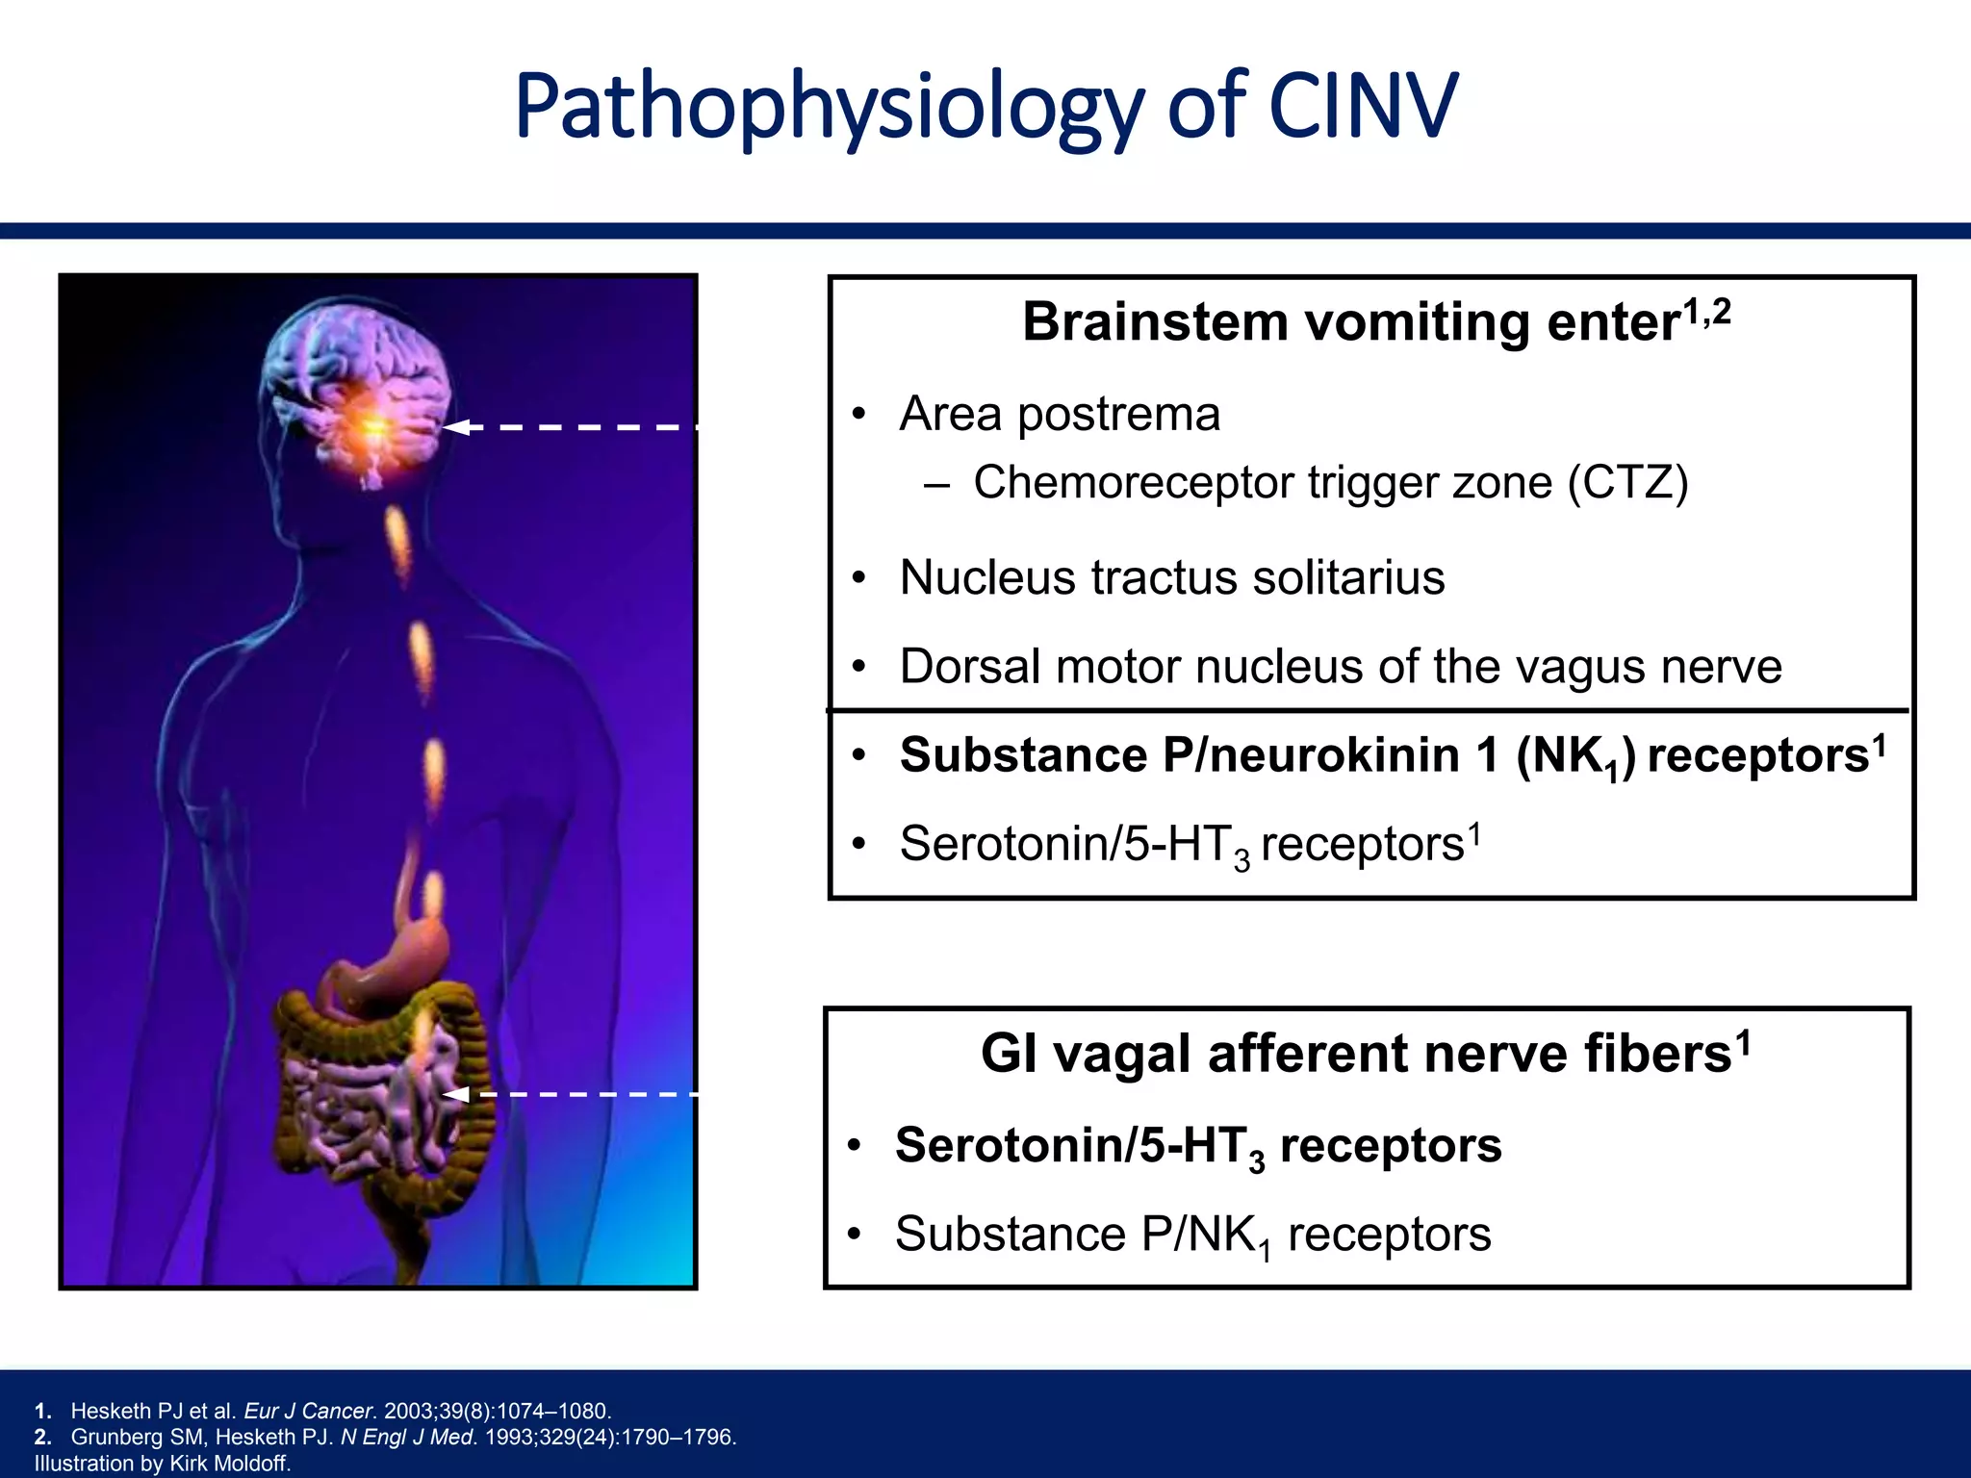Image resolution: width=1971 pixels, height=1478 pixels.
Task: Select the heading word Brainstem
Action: [1155, 321]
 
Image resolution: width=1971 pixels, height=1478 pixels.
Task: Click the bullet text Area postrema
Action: [1060, 415]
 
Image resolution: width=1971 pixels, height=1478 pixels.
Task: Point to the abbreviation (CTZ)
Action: [1627, 482]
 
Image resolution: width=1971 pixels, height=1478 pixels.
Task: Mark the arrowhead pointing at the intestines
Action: [454, 1094]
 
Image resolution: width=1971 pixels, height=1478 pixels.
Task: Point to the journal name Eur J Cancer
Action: [308, 1412]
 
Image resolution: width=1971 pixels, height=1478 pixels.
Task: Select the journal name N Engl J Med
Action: [408, 1438]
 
